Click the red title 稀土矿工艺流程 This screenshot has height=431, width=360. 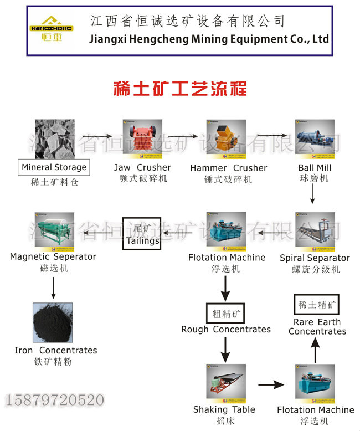(x=180, y=89)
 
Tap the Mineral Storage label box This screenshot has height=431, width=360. (x=54, y=167)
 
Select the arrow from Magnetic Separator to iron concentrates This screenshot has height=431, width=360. (x=54, y=286)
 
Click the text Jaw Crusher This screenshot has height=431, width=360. (x=142, y=167)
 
